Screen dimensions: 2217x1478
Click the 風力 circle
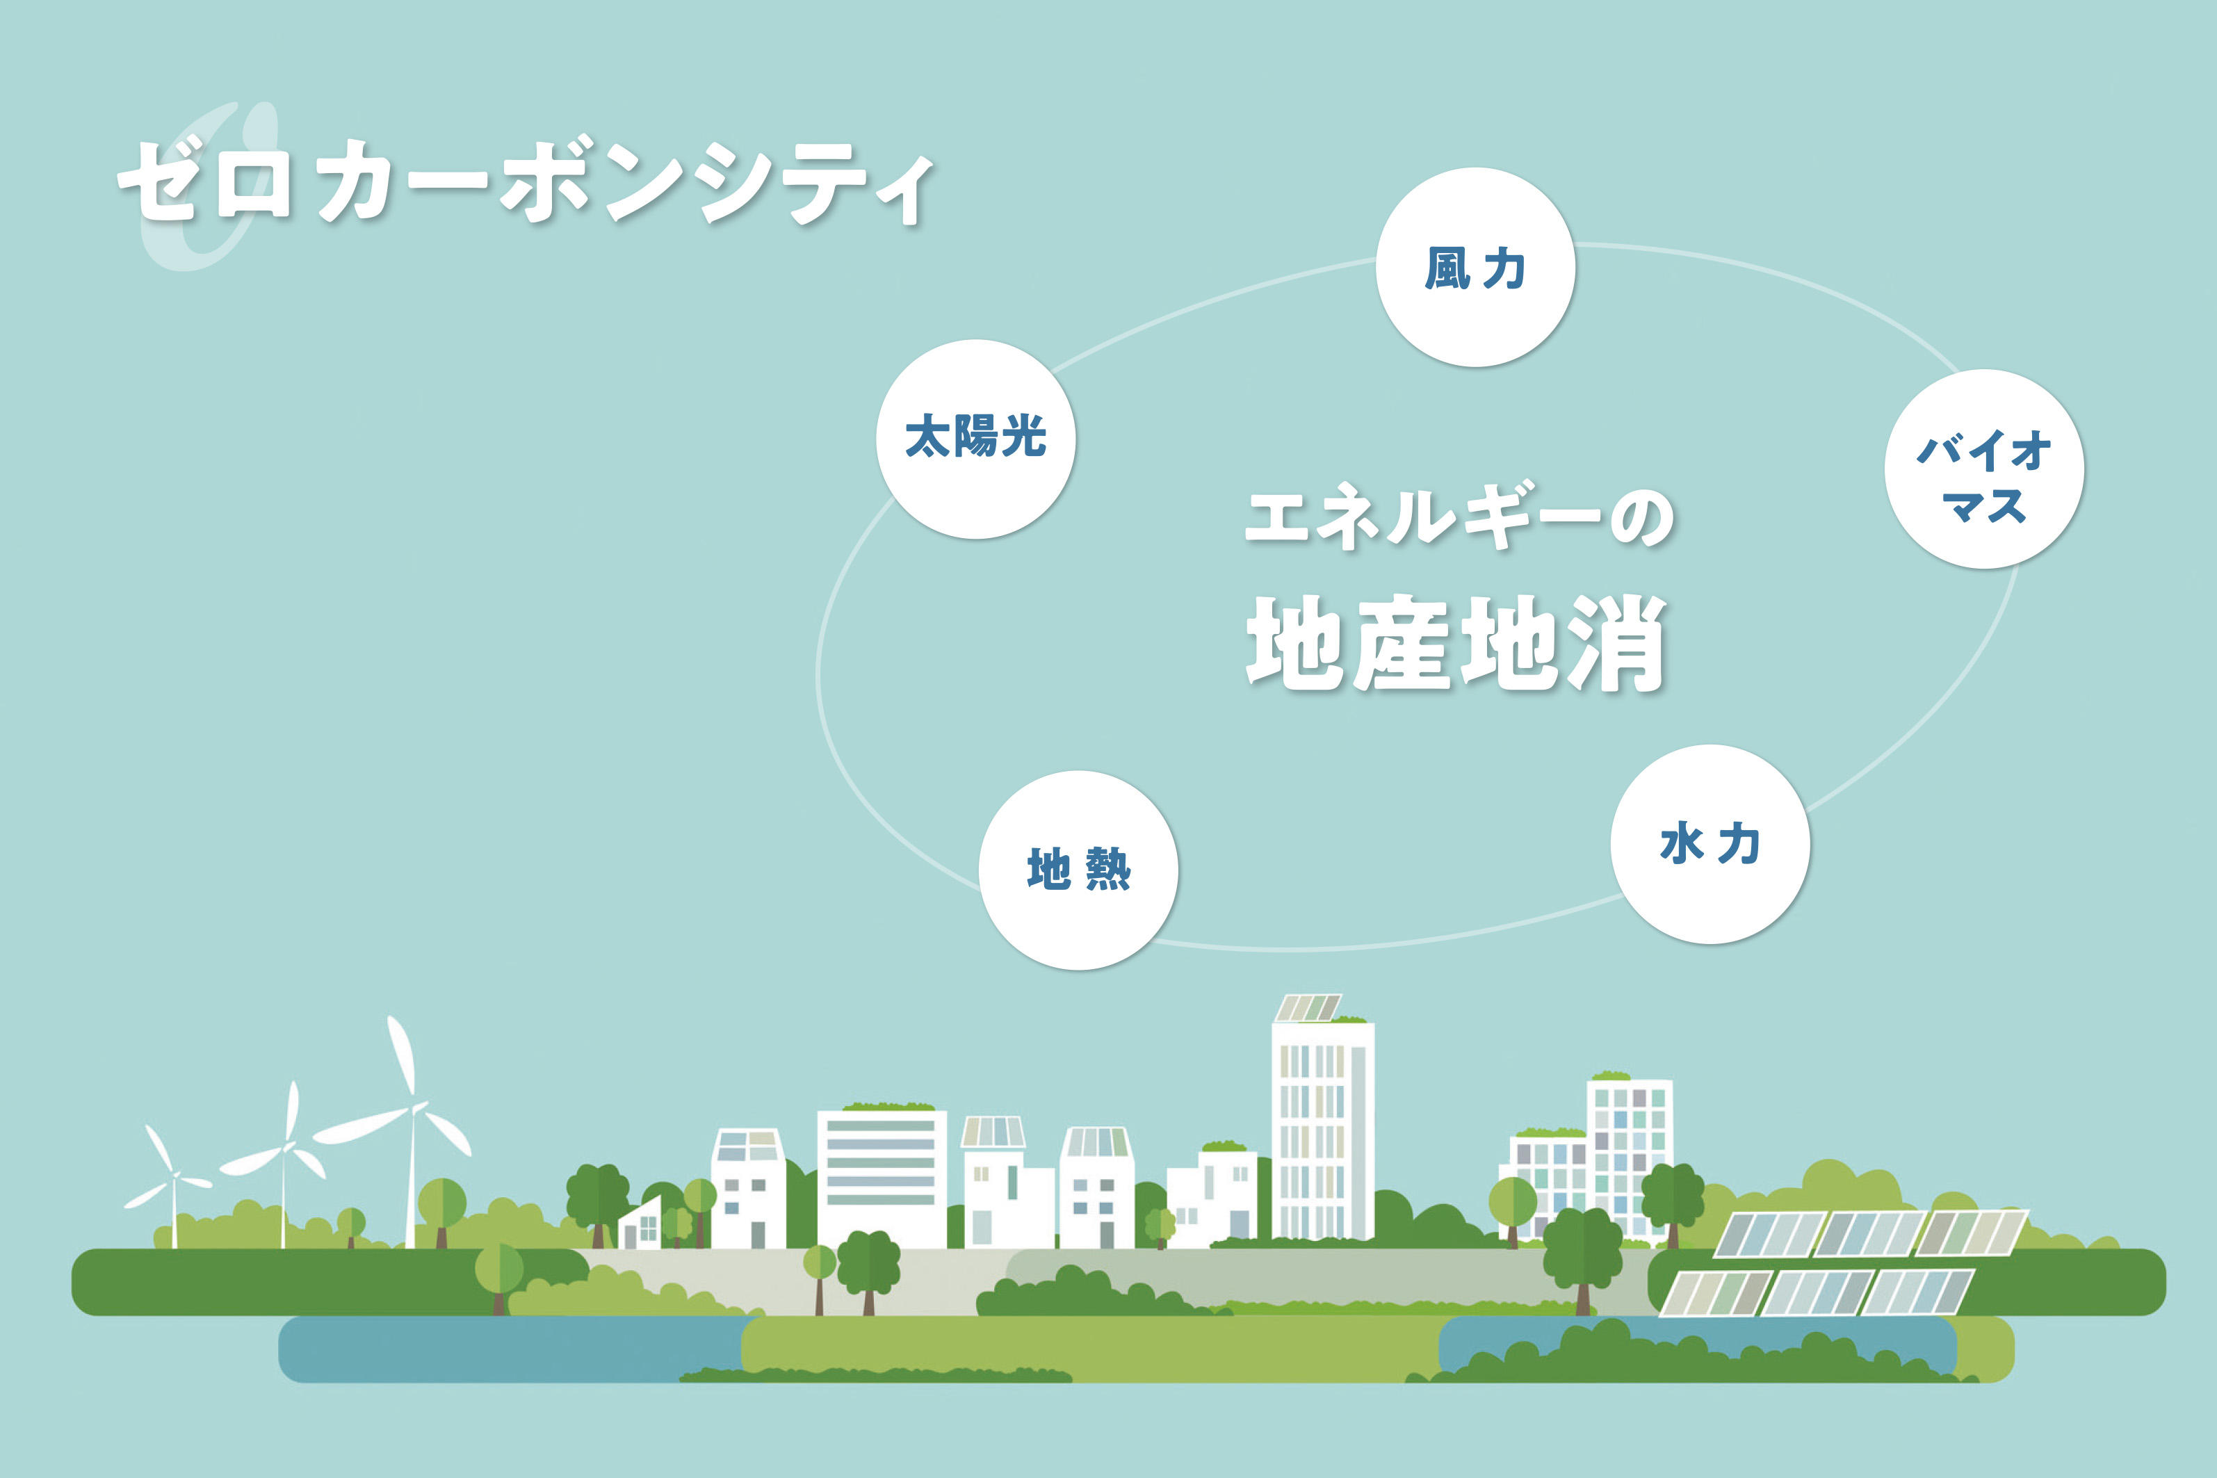[1475, 268]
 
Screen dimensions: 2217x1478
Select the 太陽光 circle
[975, 439]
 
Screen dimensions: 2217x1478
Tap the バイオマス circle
[1984, 469]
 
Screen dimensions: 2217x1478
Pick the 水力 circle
[1710, 844]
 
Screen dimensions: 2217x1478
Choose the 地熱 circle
[1078, 870]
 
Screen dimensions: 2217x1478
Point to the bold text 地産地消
[1456, 644]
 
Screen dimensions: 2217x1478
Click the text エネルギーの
[1459, 517]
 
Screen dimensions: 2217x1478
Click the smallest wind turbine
[172, 1184]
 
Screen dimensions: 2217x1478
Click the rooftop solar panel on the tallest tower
[1308, 1007]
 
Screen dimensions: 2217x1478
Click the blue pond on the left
[514, 1349]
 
